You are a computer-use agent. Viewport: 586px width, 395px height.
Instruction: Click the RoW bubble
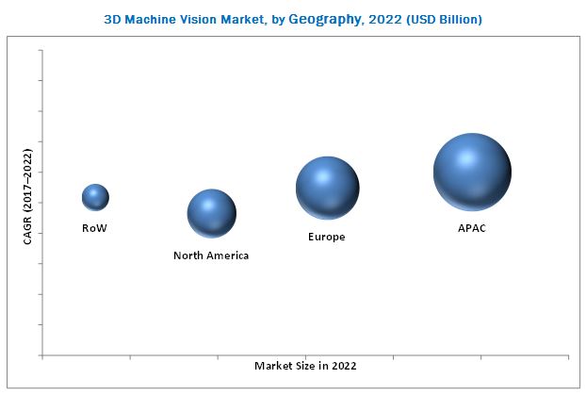point(95,197)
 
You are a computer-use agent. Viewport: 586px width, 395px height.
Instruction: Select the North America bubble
point(212,214)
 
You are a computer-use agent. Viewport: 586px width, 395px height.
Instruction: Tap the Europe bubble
point(327,189)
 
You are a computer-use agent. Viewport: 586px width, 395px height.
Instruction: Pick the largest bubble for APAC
point(472,172)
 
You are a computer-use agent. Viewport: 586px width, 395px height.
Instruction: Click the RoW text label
point(95,228)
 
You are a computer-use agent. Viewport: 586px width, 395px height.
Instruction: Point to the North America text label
point(212,255)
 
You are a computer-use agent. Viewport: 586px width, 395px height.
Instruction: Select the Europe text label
point(327,237)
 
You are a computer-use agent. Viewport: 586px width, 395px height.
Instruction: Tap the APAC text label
point(472,228)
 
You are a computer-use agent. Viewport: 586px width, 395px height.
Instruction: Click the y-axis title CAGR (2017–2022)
point(27,195)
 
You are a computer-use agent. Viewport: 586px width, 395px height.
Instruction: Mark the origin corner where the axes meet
point(42,354)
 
